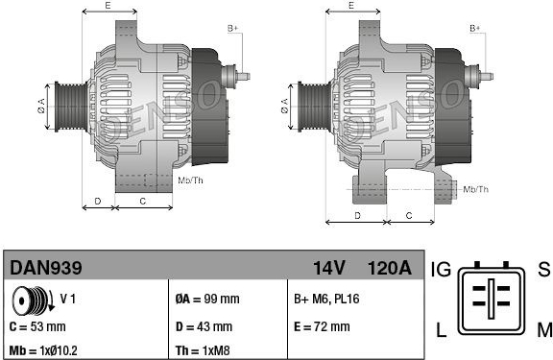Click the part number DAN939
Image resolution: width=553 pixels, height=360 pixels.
(46, 268)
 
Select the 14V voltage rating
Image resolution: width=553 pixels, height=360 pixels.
(329, 268)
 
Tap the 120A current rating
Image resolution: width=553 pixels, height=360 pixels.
(390, 268)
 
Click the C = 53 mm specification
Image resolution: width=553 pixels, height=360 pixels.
(37, 326)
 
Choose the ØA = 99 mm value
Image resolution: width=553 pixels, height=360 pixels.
(207, 299)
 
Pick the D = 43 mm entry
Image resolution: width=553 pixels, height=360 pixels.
(204, 326)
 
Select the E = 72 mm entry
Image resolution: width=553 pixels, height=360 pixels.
(322, 326)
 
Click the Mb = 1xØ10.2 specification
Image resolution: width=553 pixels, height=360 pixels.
(43, 350)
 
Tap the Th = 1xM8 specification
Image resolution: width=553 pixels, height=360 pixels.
(203, 350)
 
